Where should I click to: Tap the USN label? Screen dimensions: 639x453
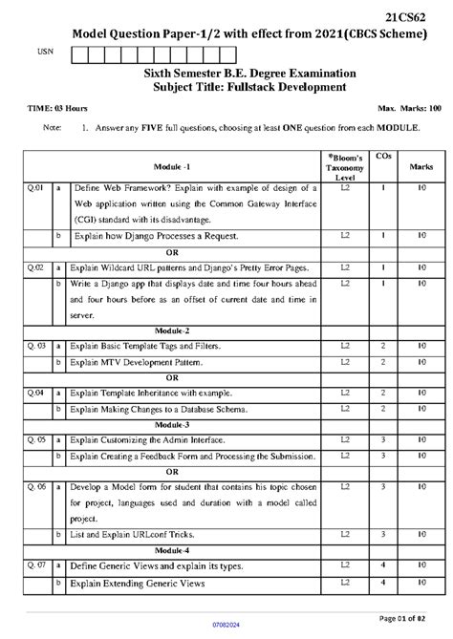pyautogui.click(x=41, y=53)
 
